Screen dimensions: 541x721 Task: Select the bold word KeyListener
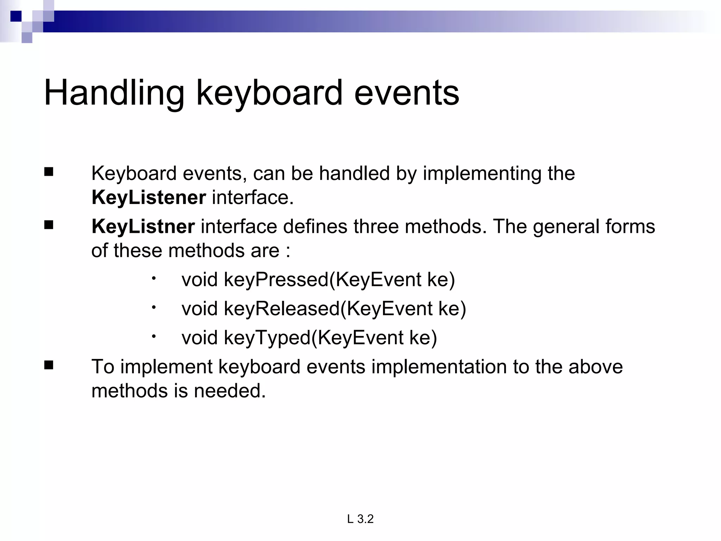149,197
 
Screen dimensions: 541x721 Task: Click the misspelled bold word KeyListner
143,226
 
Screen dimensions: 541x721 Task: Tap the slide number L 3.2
360,519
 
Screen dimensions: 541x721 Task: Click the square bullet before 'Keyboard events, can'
49,172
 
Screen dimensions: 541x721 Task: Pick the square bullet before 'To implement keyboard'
49,365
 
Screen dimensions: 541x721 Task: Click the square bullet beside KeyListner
49,225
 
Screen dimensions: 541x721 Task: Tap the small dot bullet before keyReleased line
154,307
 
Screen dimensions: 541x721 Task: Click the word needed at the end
230,391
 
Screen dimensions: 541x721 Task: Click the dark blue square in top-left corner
16,16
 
